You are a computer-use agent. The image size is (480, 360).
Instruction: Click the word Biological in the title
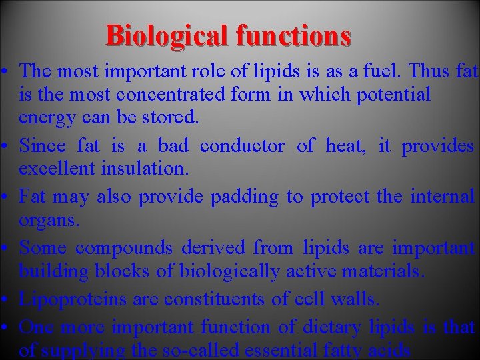160,35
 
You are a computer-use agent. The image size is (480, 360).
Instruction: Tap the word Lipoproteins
73,299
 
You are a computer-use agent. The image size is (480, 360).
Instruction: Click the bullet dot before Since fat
5,145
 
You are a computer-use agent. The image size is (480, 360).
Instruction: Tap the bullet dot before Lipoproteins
5,299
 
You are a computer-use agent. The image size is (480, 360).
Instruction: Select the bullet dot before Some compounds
5,248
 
